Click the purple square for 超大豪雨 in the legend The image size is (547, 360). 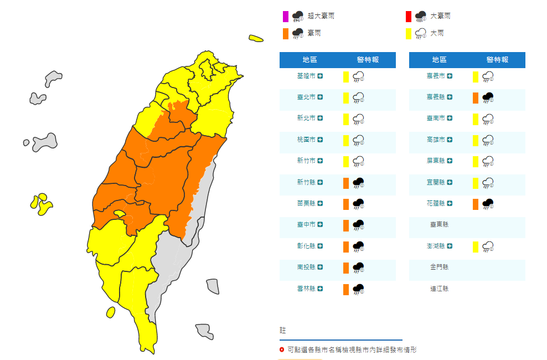click(286, 16)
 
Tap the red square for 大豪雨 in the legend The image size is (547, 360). click(409, 16)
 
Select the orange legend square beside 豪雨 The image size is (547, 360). click(286, 34)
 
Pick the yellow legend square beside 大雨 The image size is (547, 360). click(409, 34)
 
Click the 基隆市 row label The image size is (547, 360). click(306, 76)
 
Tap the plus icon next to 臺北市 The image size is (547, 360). click(320, 97)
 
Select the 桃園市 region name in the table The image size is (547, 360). click(306, 140)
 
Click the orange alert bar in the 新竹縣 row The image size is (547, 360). click(345, 183)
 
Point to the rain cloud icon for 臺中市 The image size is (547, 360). click(358, 225)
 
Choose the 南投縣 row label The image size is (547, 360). click(306, 268)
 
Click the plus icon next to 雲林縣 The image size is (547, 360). click(320, 289)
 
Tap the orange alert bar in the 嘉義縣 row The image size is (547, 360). click(475, 98)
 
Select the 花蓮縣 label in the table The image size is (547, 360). click(436, 204)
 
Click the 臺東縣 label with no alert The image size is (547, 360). click(439, 225)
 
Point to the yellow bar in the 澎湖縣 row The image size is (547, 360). click(475, 246)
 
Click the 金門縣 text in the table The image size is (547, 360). click(439, 268)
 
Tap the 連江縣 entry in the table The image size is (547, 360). click(439, 289)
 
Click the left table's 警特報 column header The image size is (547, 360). click(368, 60)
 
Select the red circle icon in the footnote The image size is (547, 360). click(282, 350)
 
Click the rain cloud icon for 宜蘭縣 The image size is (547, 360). click(488, 183)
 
